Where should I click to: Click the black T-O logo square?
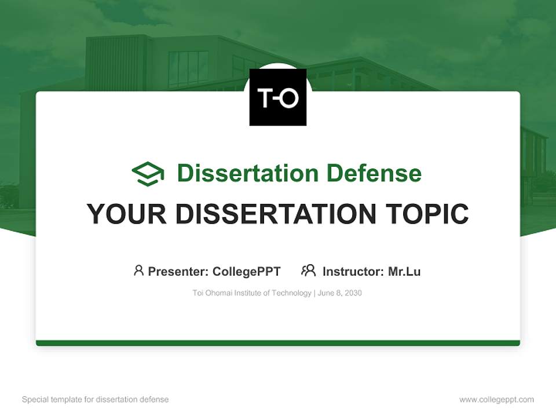pos(277,97)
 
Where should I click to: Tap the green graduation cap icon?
pos(148,174)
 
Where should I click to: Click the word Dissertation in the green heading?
pos(247,173)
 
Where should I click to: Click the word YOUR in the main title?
pos(127,214)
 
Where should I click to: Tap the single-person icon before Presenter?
pos(138,270)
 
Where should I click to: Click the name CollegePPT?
pos(246,271)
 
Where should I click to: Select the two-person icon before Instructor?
pos(308,270)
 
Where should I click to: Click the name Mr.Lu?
pos(404,271)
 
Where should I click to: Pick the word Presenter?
pos(178,271)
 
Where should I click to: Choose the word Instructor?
pos(353,271)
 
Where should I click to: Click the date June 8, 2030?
pos(340,293)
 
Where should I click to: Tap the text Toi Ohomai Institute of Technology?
pos(252,293)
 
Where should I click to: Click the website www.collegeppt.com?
pos(496,400)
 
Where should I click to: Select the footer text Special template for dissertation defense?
pos(96,400)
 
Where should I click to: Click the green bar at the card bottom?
pos(277,343)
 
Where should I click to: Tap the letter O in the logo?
pos(288,98)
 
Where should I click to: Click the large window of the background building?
pos(188,68)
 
